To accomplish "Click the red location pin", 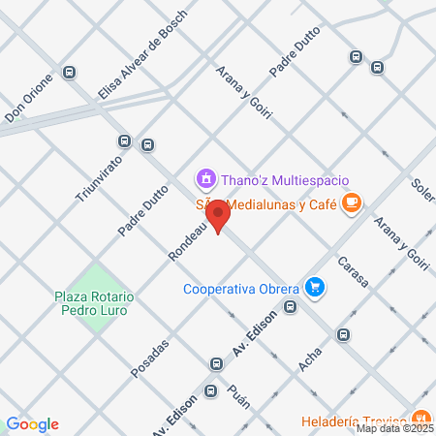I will coord(219,216).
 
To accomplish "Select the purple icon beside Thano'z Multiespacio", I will coord(205,178).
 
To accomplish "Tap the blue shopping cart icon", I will coord(313,287).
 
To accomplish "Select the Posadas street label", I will coord(150,358).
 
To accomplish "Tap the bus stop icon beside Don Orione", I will coord(69,72).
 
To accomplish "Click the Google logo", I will coord(32,423).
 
